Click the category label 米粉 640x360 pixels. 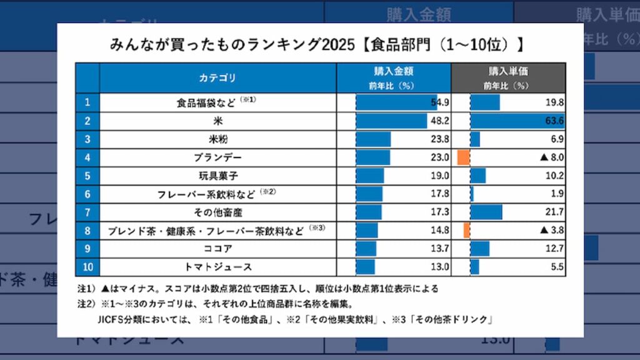click(x=217, y=139)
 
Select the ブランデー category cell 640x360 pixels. click(x=217, y=157)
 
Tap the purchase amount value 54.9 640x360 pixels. click(x=440, y=102)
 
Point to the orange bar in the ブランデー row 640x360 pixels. click(x=463, y=157)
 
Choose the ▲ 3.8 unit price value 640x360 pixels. click(x=552, y=230)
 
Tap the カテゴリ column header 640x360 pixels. click(x=217, y=78)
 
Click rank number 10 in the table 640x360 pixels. click(x=87, y=267)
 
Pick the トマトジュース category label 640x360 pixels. click(x=217, y=267)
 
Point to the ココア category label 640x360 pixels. click(x=217, y=249)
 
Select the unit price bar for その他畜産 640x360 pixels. click(x=486, y=212)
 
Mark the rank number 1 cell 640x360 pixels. click(x=87, y=102)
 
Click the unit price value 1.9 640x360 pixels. click(x=557, y=194)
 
